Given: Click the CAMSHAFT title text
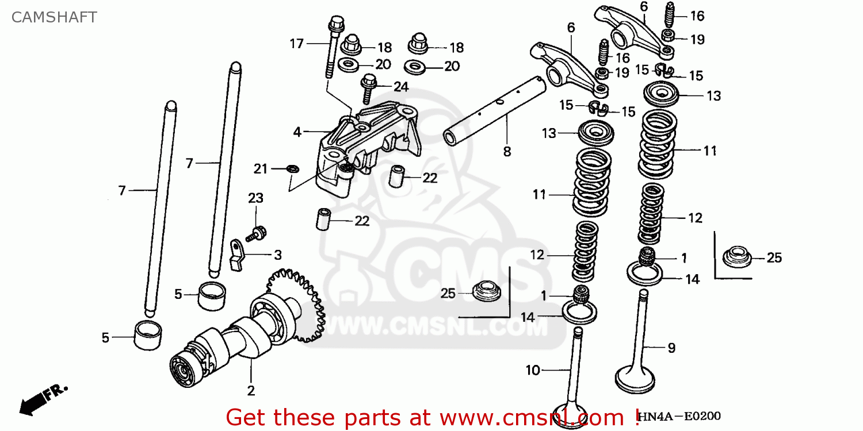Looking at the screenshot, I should pos(54,17).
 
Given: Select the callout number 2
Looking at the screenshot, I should pos(251,391).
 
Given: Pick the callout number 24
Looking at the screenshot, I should pos(400,87).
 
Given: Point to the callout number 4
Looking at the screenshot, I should pos(297,132).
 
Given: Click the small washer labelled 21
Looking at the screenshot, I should pos(292,169).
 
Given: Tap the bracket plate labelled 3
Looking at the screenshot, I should pos(236,255).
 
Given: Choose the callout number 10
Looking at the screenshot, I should pos(533,371).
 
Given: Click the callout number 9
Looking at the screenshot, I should pos(671,348).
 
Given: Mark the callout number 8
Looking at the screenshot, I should pos(507,152).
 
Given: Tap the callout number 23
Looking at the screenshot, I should pos(255,198).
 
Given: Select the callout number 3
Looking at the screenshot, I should pos(277,255).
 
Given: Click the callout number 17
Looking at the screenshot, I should pos(296,43).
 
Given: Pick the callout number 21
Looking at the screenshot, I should pos(261,169).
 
